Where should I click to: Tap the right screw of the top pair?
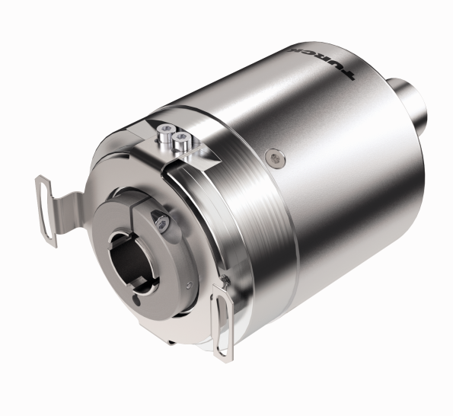tap(183, 139)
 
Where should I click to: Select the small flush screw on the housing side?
tap(273, 157)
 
